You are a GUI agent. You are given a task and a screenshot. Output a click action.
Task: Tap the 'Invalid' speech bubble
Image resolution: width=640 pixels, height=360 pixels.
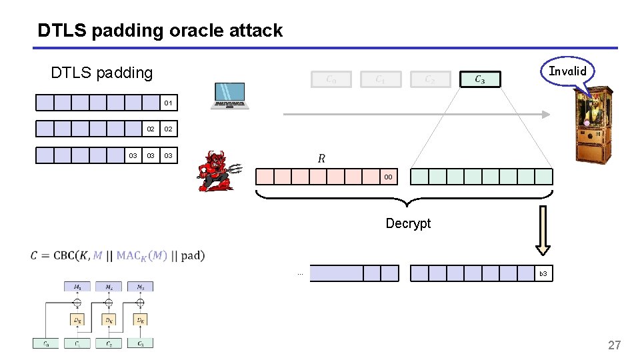(x=567, y=71)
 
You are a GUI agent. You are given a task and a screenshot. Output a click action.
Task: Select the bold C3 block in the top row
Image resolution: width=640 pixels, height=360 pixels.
(x=480, y=79)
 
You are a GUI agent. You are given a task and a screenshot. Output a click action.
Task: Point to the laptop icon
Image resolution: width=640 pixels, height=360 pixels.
(x=229, y=96)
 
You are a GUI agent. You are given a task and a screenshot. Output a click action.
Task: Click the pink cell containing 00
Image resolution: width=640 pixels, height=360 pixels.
(x=388, y=177)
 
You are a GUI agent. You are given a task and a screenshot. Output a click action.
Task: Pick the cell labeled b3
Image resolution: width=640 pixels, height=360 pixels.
(x=543, y=274)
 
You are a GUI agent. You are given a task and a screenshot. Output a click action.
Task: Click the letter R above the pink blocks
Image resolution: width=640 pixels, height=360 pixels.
(x=322, y=159)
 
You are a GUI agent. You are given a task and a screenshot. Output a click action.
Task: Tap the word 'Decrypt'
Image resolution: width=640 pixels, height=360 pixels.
(x=408, y=223)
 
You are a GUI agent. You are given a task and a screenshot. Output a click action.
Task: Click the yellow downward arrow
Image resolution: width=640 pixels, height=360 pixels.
(x=543, y=230)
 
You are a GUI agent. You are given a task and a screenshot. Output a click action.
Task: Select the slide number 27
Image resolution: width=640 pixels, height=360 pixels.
(x=614, y=345)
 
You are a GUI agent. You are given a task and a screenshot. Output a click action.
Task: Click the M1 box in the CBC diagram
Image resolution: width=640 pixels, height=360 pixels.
(x=77, y=287)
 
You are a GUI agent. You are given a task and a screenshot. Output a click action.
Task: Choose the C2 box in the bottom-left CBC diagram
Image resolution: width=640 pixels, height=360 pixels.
(x=108, y=343)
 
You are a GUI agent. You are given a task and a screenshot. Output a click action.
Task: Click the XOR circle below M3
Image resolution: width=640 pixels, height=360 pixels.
(x=140, y=302)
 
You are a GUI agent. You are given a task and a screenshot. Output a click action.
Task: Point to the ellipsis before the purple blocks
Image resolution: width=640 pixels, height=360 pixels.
(x=300, y=274)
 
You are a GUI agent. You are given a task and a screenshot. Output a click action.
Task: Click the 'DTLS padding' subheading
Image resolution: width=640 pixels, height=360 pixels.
(x=101, y=73)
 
